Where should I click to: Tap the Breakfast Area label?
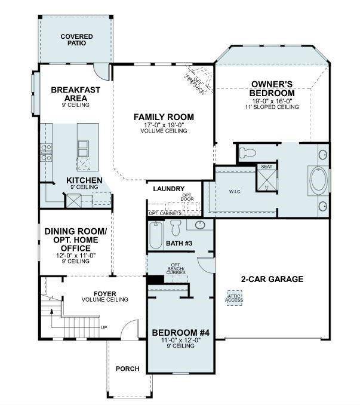pyautogui.click(x=75, y=93)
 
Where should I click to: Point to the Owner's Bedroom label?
pyautogui.click(x=272, y=89)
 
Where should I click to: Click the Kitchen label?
pyautogui.click(x=84, y=180)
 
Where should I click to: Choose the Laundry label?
pyautogui.click(x=168, y=189)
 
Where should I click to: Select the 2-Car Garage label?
pyautogui.click(x=272, y=279)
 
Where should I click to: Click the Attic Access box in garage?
pyautogui.click(x=234, y=297)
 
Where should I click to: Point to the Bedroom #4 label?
pyautogui.click(x=179, y=333)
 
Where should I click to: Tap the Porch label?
pyautogui.click(x=127, y=369)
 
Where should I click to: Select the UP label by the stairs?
pyautogui.click(x=104, y=327)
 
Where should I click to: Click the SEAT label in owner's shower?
pyautogui.click(x=266, y=167)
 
